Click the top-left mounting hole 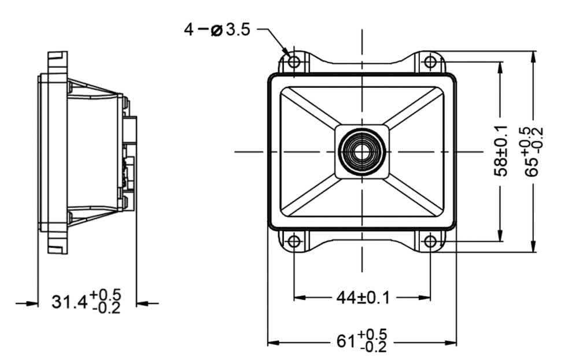294,62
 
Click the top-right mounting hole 430,62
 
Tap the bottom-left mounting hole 294,242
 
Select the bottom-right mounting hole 430,242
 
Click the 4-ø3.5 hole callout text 217,29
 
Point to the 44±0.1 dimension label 363,298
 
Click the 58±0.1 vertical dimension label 501,151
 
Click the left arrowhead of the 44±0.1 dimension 300,298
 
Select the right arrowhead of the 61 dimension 450,343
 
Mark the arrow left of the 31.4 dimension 27,303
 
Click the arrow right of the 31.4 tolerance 147,303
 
